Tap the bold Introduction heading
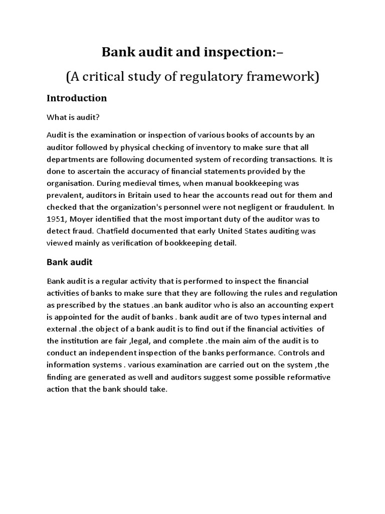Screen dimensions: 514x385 77,98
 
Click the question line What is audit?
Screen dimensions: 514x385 73,117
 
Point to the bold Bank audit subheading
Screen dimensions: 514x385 70,262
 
